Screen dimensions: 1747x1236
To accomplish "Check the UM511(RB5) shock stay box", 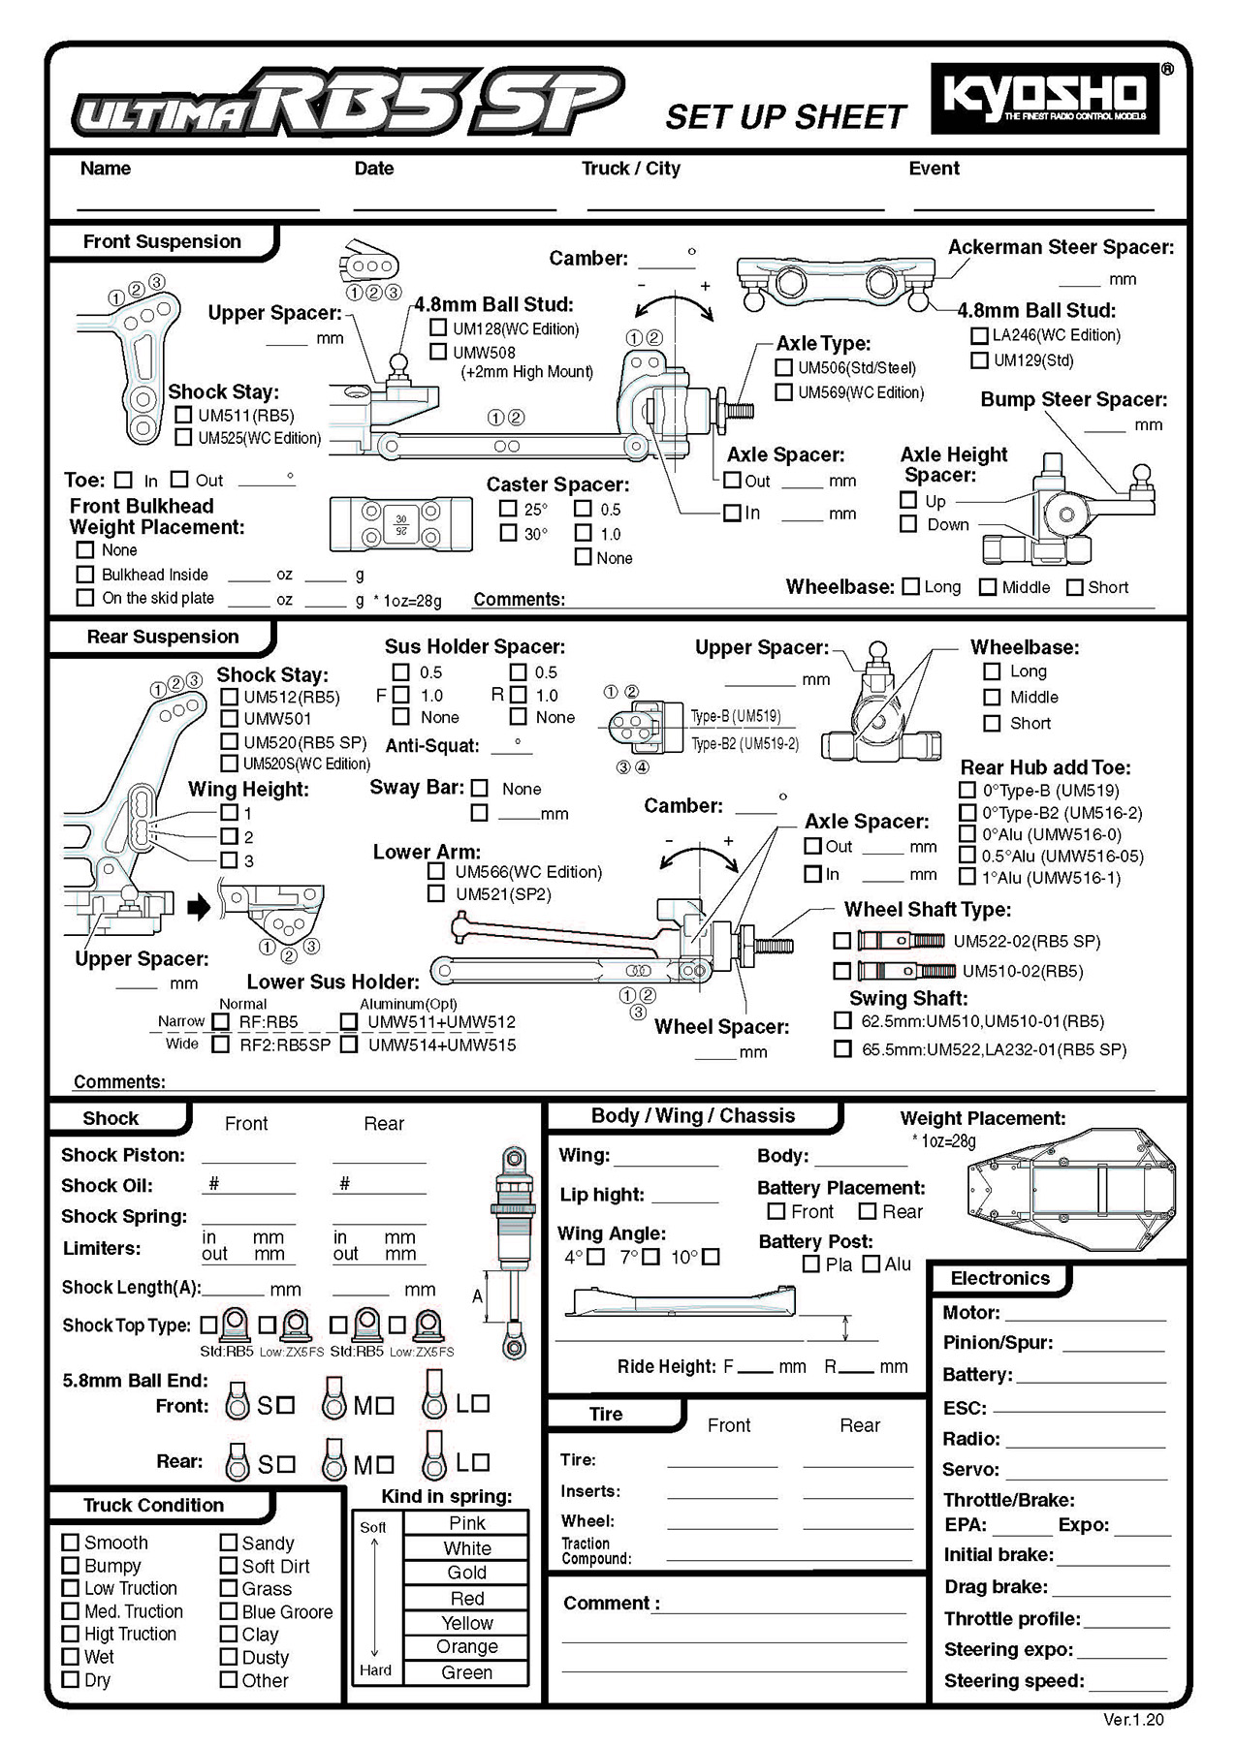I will tap(183, 415).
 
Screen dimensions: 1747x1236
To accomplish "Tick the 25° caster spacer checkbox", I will tap(508, 509).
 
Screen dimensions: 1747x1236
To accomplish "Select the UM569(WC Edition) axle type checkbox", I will tap(783, 392).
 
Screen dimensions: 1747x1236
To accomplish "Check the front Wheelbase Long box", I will tap(910, 586).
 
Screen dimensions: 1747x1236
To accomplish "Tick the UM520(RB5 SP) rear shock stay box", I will tap(229, 742).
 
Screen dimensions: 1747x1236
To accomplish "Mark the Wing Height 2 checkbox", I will tap(229, 836).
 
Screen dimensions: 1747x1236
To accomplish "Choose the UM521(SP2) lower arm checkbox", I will tap(436, 893).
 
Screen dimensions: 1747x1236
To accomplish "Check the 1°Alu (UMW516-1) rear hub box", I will tap(967, 877).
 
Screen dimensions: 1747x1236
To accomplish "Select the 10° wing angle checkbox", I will tap(711, 1257).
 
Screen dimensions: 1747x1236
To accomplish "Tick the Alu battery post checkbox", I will tap(871, 1263).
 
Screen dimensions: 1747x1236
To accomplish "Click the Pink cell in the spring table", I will tap(466, 1523).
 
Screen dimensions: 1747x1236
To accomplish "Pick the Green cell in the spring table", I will tap(466, 1672).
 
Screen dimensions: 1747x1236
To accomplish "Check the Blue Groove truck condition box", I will tap(229, 1611).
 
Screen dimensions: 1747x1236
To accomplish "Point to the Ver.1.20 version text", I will tap(1133, 1720).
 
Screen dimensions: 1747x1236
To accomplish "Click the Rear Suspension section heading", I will tap(162, 637).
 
